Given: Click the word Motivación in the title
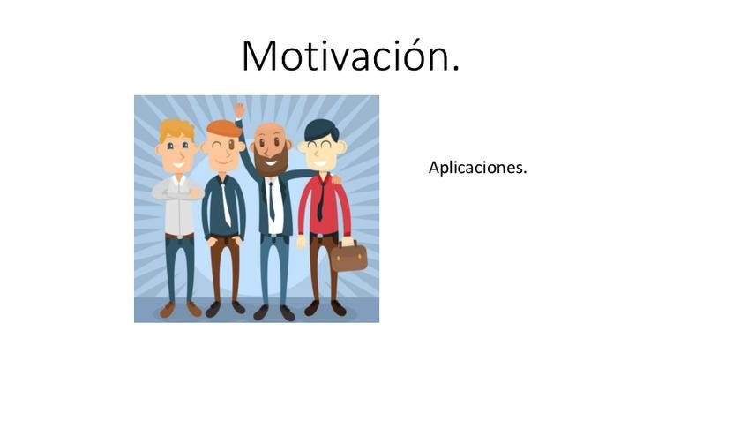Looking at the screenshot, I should pyautogui.click(x=350, y=56).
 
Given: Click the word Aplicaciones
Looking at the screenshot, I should pyautogui.click(x=477, y=167).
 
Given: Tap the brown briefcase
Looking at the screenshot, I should pyautogui.click(x=349, y=257).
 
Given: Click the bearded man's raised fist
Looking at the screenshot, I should pyautogui.click(x=239, y=110).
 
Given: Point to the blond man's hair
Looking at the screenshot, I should pyautogui.click(x=176, y=130).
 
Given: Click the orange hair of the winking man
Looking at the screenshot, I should pyautogui.click(x=224, y=129).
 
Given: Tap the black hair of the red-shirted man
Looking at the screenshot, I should pyautogui.click(x=321, y=130).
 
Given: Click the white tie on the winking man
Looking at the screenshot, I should pyautogui.click(x=226, y=203).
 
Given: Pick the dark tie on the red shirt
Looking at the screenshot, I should pyautogui.click(x=320, y=199).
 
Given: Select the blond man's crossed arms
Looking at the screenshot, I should pyautogui.click(x=177, y=191).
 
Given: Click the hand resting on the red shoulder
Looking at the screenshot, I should pyautogui.click(x=334, y=180).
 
